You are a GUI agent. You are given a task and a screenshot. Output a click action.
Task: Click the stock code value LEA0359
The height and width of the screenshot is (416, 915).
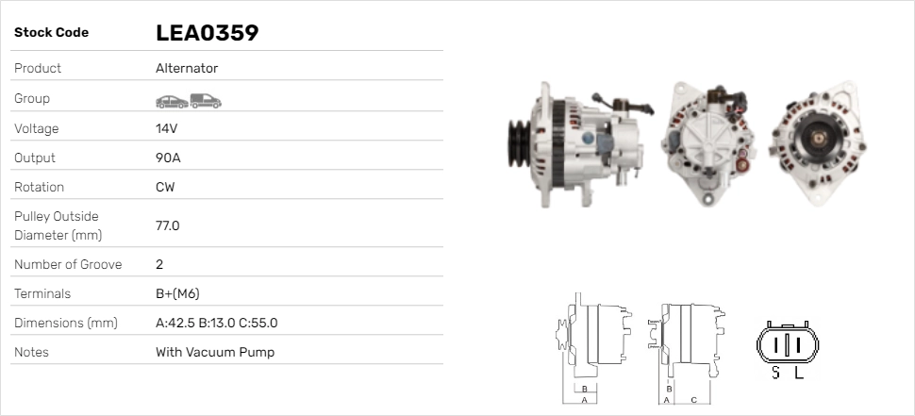tap(208, 33)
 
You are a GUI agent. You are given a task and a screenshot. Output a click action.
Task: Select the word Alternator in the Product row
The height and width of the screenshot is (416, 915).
tap(187, 68)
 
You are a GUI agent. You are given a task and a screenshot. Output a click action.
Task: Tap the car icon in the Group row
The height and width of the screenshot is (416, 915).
tap(172, 102)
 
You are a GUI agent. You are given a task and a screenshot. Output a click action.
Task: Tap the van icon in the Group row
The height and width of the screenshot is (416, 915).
tap(206, 101)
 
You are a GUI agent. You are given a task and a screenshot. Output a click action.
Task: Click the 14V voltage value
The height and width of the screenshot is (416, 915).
tap(166, 128)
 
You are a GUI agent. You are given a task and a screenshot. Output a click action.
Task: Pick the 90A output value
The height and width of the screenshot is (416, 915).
tap(168, 158)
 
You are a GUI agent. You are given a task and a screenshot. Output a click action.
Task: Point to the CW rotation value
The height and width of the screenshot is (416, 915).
tap(165, 188)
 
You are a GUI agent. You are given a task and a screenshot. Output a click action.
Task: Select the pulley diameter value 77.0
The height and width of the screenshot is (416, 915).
tap(168, 225)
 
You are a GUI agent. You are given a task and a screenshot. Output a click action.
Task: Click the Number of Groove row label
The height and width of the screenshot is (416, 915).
tap(68, 264)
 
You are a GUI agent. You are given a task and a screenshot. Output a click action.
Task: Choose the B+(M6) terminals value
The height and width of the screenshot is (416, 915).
tap(177, 293)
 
